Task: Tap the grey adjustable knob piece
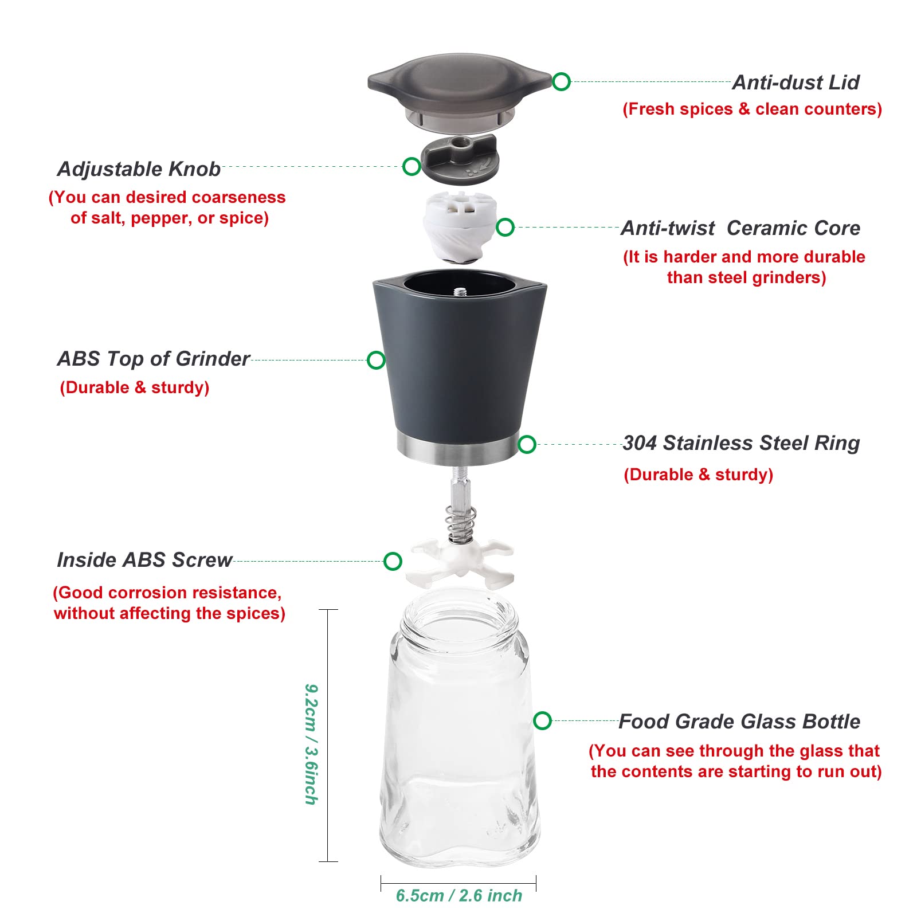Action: pyautogui.click(x=460, y=160)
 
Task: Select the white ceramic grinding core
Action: pyautogui.click(x=460, y=227)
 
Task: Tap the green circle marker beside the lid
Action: pyautogui.click(x=561, y=81)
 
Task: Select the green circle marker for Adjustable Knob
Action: pyautogui.click(x=412, y=166)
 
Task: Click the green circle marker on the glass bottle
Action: pyautogui.click(x=542, y=720)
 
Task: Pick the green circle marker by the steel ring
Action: pyautogui.click(x=527, y=444)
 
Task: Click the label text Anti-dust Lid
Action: pyautogui.click(x=796, y=83)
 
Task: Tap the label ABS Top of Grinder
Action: pyautogui.click(x=154, y=359)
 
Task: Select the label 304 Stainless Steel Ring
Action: pyautogui.click(x=741, y=443)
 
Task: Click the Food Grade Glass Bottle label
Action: pyautogui.click(x=739, y=722)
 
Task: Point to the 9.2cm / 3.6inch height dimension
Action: pyautogui.click(x=311, y=744)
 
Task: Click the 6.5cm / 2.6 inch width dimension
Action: pyautogui.click(x=459, y=895)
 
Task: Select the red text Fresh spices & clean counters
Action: pyautogui.click(x=752, y=109)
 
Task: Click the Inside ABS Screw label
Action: pyautogui.click(x=144, y=560)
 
